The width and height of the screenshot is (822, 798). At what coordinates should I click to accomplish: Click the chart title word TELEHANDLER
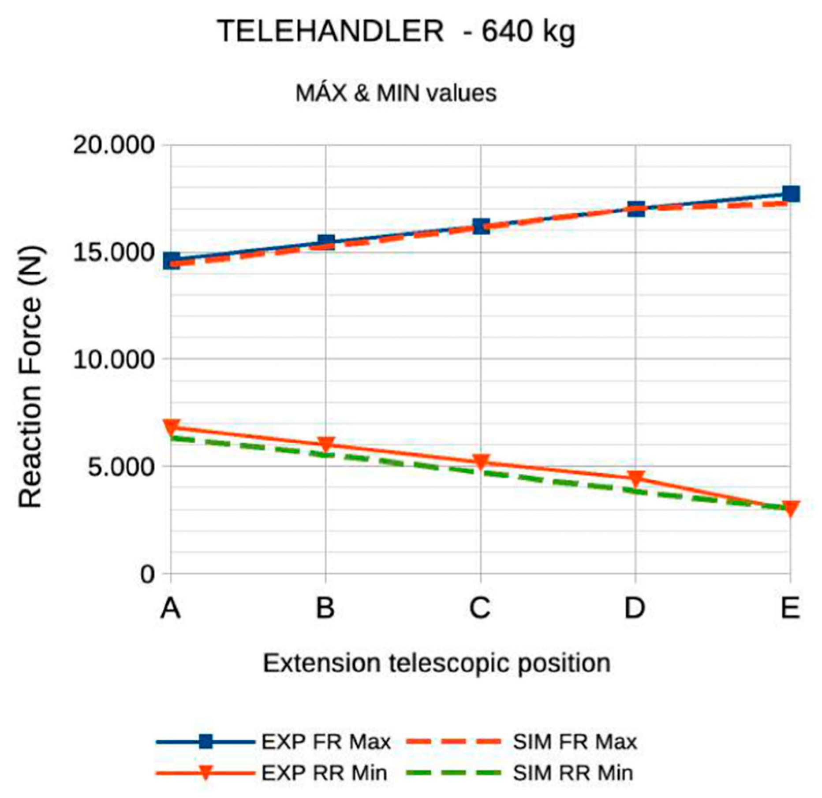tap(330, 32)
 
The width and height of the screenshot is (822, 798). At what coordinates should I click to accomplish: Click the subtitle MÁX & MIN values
tap(396, 93)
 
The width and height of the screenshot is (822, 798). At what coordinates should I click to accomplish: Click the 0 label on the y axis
tap(147, 574)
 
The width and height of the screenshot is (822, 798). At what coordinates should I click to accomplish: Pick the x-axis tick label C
tap(480, 608)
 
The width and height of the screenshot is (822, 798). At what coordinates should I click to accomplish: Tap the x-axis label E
tap(790, 608)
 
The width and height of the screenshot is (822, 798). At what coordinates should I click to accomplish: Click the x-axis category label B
tap(325, 608)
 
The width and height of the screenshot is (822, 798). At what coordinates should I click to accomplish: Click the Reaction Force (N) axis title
tap(31, 377)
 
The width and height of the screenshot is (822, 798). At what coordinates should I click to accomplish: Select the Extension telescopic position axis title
tap(437, 663)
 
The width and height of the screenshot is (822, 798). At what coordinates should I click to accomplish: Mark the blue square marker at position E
tap(791, 193)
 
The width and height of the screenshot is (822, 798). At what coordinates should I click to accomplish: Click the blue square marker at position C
tap(481, 226)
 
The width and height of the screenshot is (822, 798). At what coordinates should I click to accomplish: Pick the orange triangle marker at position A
tap(171, 426)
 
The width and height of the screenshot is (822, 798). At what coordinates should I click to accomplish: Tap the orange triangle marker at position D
tap(635, 478)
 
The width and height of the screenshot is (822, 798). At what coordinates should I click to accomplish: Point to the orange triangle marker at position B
tap(326, 444)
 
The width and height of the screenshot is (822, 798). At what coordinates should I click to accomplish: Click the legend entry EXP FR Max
tap(326, 742)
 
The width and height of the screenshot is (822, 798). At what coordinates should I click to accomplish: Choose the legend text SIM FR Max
tap(575, 742)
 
